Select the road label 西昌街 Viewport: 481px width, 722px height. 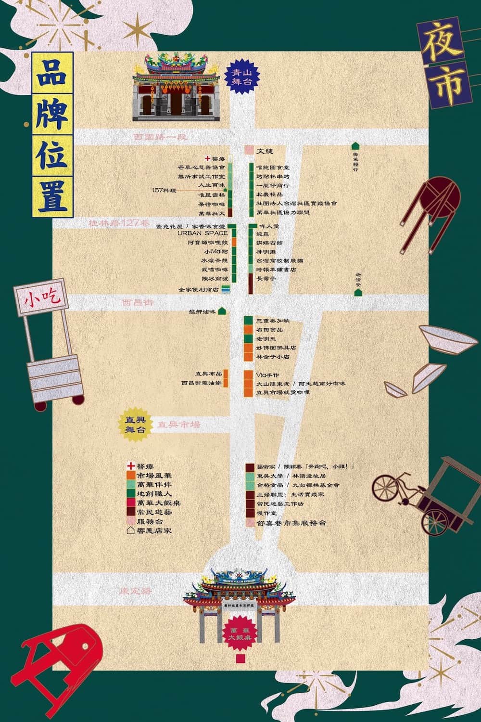138,303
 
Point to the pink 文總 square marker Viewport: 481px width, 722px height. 249,151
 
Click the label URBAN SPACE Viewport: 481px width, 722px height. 203,233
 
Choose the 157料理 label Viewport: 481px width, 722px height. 164,190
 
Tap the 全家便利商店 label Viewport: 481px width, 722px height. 199,290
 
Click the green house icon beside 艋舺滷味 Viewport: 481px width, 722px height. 222,311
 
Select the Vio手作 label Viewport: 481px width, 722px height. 268,375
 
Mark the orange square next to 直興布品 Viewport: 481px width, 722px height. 225,374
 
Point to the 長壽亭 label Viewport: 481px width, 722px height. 266,279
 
